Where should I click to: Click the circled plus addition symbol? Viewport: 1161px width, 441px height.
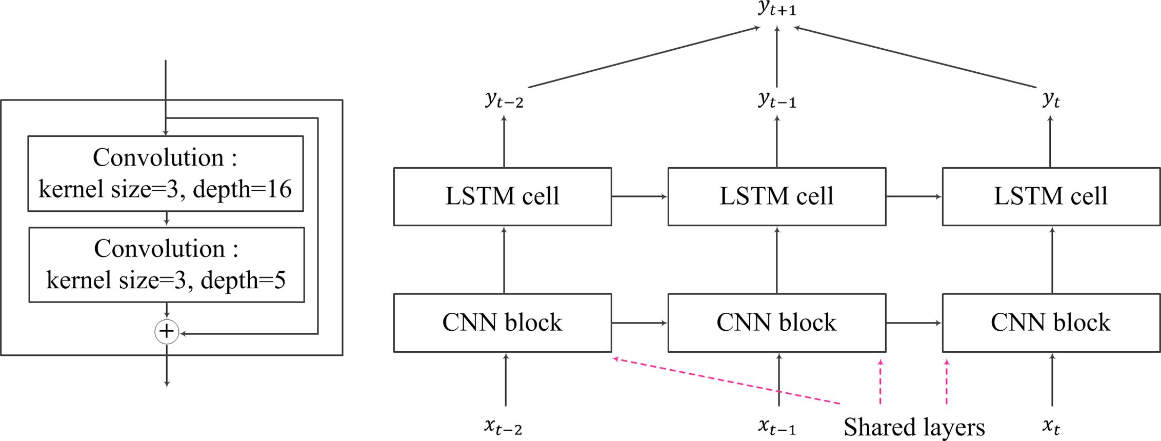pyautogui.click(x=167, y=331)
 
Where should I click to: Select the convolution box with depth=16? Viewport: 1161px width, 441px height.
pyautogui.click(x=166, y=173)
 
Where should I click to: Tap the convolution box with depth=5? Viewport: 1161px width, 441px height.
pyautogui.click(x=167, y=265)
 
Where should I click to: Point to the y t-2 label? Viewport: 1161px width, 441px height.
pyautogui.click(x=504, y=99)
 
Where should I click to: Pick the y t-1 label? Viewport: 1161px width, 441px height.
pyautogui.click(x=777, y=99)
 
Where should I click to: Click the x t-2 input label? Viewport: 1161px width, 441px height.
pyautogui.click(x=503, y=426)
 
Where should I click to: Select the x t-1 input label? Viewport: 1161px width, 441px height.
pyautogui.click(x=777, y=426)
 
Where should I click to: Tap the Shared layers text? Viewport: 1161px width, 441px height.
pyautogui.click(x=914, y=427)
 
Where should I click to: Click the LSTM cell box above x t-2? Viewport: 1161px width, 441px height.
pyautogui.click(x=503, y=196)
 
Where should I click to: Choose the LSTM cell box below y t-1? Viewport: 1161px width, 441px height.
pyautogui.click(x=777, y=196)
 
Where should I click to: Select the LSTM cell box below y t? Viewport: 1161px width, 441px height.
pyautogui.click(x=1051, y=196)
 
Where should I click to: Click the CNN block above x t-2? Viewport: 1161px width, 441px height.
pyautogui.click(x=503, y=323)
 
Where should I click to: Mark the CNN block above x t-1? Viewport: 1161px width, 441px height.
pyautogui.click(x=777, y=323)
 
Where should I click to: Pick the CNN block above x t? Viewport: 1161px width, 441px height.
pyautogui.click(x=1051, y=323)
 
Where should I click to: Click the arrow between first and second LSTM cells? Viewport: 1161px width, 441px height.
pyautogui.click(x=639, y=196)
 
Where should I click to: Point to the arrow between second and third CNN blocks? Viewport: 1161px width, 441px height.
pyautogui.click(x=914, y=323)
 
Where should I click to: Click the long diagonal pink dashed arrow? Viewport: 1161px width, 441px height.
pyautogui.click(x=726, y=380)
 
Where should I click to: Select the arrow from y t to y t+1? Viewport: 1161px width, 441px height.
pyautogui.click(x=915, y=56)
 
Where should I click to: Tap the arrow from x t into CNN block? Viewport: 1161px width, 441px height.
pyautogui.click(x=1052, y=379)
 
